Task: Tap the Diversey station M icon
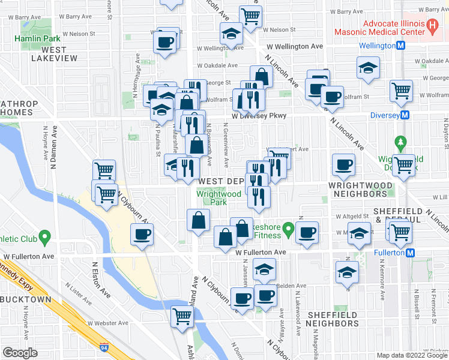click(405, 115)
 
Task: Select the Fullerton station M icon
click(411, 253)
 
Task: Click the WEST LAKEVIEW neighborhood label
click(55, 54)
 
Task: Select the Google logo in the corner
click(20, 353)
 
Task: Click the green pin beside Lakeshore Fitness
click(289, 229)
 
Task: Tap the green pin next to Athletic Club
click(44, 238)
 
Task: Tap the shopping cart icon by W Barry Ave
click(250, 15)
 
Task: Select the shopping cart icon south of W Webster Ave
click(181, 316)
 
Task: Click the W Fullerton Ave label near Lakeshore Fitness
click(261, 253)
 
